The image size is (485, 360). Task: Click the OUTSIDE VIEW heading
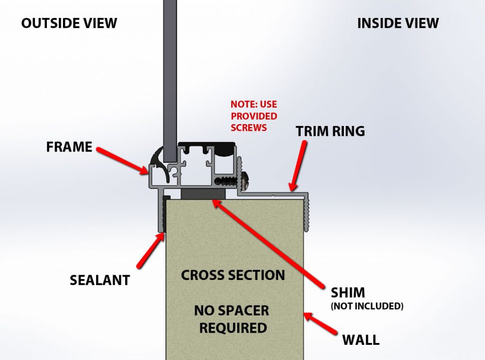(x=69, y=22)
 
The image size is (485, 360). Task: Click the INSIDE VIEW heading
(x=398, y=22)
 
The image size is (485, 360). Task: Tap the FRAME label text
(x=69, y=147)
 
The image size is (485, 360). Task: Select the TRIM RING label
(x=331, y=131)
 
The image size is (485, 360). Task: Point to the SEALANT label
(x=100, y=280)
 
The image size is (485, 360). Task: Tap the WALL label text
(x=360, y=339)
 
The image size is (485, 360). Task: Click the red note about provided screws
(x=254, y=116)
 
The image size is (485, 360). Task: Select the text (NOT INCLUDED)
(x=367, y=306)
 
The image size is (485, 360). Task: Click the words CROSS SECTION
(x=233, y=275)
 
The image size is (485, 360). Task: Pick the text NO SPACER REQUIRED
(x=232, y=319)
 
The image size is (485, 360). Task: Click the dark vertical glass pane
(x=170, y=71)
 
